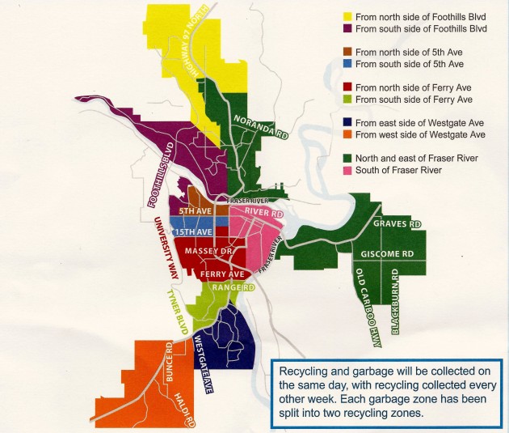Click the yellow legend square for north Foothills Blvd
[348, 16]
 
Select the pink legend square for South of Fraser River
[348, 172]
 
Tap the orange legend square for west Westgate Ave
[348, 134]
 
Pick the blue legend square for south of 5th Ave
[348, 64]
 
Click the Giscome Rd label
[388, 253]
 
